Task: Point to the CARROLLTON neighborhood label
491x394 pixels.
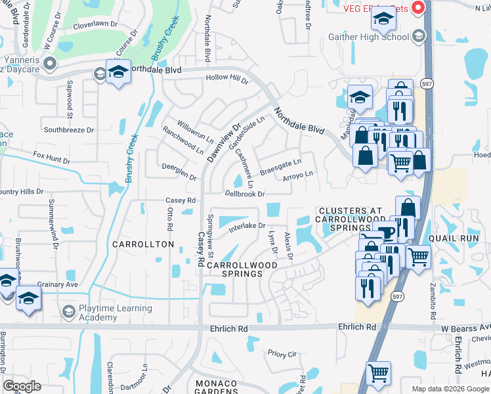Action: (x=142, y=244)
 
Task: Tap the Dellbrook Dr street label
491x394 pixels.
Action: (x=244, y=194)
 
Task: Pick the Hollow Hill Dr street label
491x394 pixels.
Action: (x=227, y=79)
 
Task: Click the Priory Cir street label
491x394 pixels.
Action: (x=282, y=354)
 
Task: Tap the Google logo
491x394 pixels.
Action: (x=22, y=386)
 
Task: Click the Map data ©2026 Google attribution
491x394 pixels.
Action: (x=450, y=389)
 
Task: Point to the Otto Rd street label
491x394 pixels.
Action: (x=169, y=218)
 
